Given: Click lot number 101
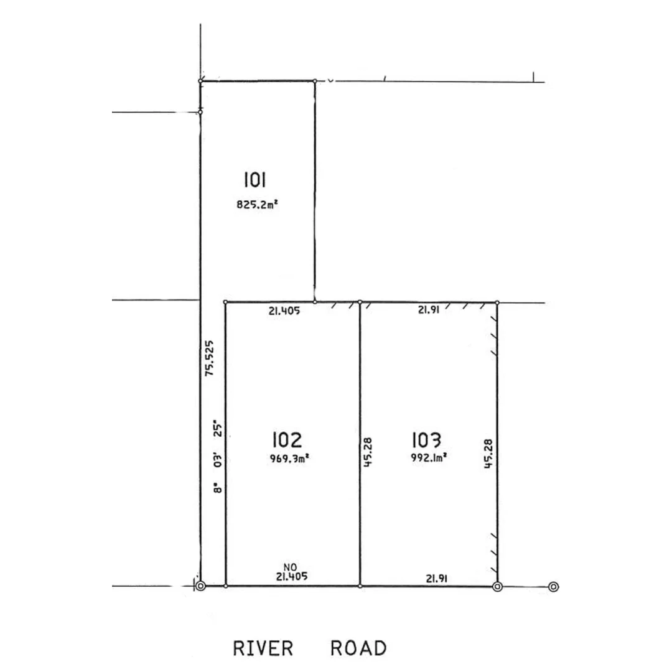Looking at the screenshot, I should coord(255,180).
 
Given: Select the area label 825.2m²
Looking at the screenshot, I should coord(256,203).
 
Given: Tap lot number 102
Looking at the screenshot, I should coord(287,440).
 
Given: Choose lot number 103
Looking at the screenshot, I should coord(426,440).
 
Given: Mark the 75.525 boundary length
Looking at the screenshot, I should coord(210,358).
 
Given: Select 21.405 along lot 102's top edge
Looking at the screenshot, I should coord(285,312).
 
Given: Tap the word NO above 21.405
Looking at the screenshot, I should coord(289,567).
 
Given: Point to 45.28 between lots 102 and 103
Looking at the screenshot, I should coord(367,452).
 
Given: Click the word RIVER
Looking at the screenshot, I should coord(263,648).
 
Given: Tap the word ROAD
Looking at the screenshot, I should coord(358,648).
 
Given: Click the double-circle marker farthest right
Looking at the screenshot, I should coord(553,586).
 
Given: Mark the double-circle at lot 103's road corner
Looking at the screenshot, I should coord(497,586).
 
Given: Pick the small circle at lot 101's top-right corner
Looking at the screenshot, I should coord(315,81).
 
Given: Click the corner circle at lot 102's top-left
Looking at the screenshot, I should coord(225,302).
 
